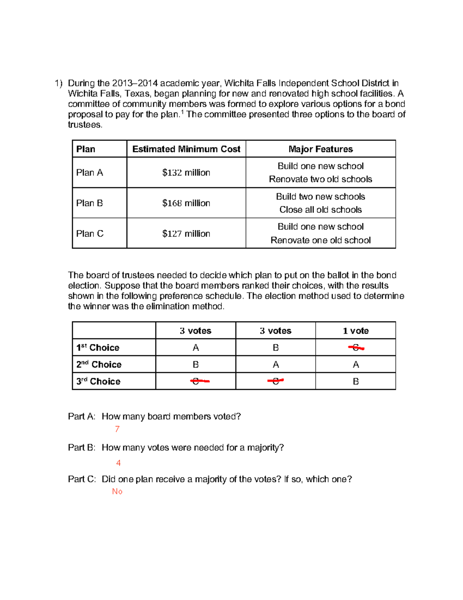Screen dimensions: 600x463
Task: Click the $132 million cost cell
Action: click(186, 173)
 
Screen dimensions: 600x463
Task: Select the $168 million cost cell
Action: click(186, 203)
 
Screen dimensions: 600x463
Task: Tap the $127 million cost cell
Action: click(186, 234)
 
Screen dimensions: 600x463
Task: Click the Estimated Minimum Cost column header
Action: click(186, 149)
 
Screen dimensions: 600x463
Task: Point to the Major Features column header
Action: click(321, 149)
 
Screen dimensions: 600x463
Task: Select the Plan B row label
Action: click(90, 203)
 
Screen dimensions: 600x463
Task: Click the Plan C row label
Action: click(90, 234)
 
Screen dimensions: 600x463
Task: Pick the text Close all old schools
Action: click(321, 210)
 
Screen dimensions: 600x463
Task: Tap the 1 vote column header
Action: click(356, 331)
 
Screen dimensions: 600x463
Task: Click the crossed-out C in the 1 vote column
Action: click(356, 348)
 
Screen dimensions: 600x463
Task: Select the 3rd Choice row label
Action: click(98, 381)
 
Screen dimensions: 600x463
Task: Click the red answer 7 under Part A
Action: click(117, 429)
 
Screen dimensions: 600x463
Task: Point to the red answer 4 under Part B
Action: click(118, 463)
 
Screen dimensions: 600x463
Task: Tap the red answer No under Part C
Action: click(117, 491)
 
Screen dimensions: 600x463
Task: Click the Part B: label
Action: click(81, 447)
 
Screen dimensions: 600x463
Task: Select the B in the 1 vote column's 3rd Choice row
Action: click(356, 381)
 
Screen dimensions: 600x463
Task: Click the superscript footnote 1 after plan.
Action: click(182, 112)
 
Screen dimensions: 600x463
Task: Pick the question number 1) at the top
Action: click(58, 83)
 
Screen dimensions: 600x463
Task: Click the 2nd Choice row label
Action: click(99, 364)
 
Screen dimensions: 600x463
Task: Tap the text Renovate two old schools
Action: click(321, 179)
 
